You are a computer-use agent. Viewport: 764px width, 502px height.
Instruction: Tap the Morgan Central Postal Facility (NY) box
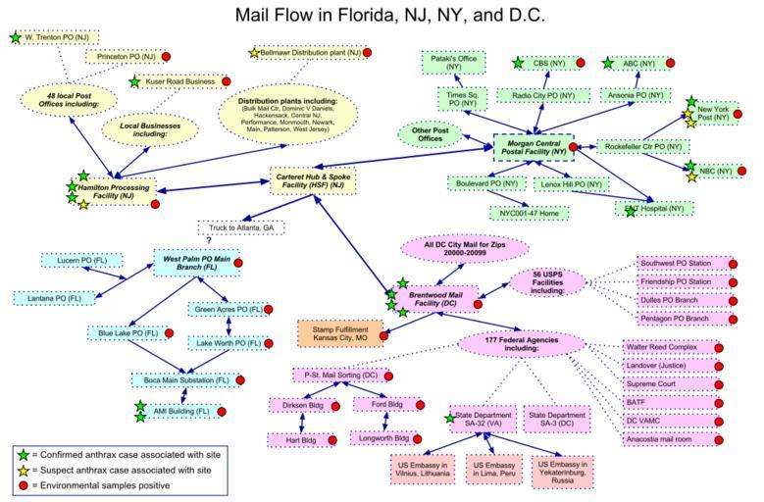531,147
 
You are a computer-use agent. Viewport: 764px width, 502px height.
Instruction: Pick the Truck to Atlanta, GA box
241,226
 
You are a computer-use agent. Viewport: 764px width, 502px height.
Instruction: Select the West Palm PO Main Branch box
193,263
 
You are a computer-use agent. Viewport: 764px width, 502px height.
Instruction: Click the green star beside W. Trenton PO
14,37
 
